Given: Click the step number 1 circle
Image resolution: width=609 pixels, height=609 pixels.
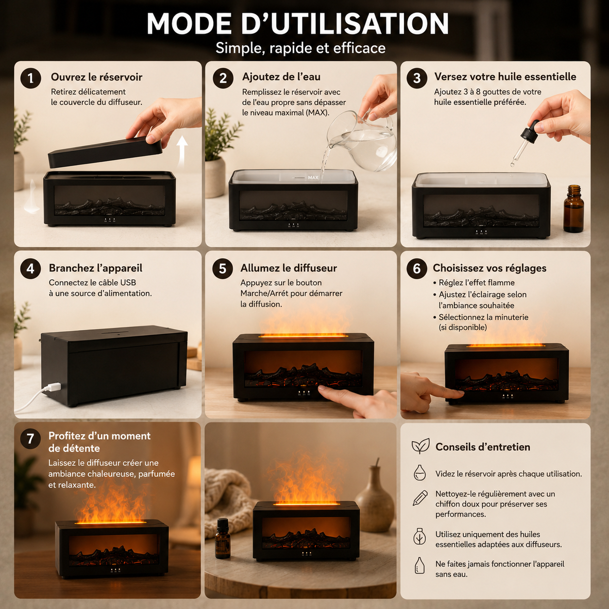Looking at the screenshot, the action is pos(31,78).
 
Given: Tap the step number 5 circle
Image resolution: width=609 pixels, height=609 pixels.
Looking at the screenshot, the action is pos(223,269).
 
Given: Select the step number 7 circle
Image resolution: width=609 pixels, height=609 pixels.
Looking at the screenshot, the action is pos(30,439).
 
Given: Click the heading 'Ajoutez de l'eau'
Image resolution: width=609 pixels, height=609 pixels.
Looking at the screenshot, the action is pos(281,77).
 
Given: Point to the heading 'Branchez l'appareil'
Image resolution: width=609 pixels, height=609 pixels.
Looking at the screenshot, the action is pos(96,268).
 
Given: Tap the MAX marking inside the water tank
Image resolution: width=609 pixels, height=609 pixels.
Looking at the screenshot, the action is pos(313,178).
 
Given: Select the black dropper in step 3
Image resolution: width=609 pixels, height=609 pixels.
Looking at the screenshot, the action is pos(524,142).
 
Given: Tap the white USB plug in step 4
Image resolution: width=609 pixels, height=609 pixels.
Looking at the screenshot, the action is pos(53,387).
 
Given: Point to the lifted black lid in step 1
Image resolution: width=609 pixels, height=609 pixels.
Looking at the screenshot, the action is pos(105,152).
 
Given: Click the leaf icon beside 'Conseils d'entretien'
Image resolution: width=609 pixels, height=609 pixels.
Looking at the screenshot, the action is pos(421,446).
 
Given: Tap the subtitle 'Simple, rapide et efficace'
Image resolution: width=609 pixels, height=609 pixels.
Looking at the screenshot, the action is pos(301,48).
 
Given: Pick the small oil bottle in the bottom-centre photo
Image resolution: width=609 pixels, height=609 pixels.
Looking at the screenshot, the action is pos(222,539).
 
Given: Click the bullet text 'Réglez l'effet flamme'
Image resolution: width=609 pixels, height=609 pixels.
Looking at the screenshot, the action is pos(476,283).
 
